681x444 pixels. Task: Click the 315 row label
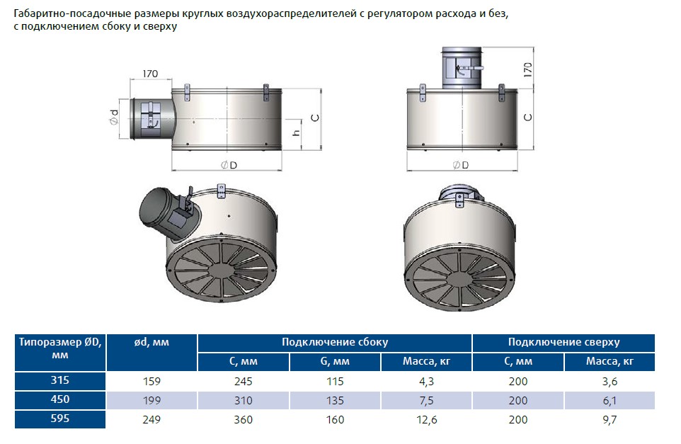pos(60,380)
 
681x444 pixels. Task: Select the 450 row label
pos(60,399)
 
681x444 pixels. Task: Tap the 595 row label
pos(60,419)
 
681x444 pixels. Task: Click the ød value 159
pos(151,382)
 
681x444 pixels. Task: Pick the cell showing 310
pos(244,401)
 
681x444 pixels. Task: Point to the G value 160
pos(335,420)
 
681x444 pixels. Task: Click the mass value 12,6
pos(426,420)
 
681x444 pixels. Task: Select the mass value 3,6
pos(610,382)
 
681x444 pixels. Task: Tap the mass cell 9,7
pos(610,420)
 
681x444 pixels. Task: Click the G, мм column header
pos(335,361)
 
